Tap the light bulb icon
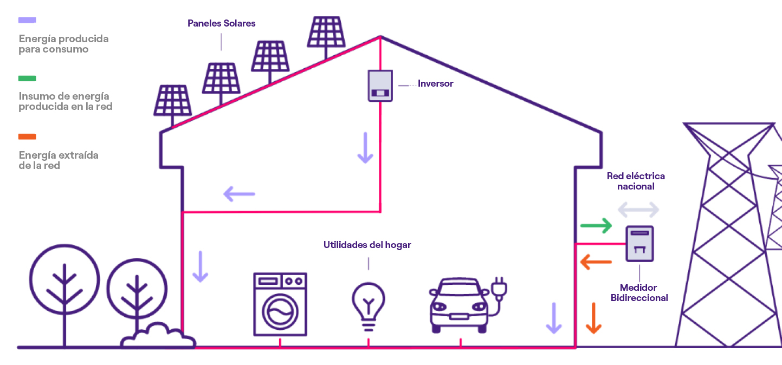tap(369, 304)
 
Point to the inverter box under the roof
tap(380, 86)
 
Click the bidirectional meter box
tap(639, 244)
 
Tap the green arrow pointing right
tap(596, 225)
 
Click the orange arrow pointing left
tap(596, 263)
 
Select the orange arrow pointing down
tap(594, 318)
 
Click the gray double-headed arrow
tap(638, 209)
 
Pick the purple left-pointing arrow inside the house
tap(239, 193)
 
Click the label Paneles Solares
tap(221, 23)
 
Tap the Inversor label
tap(435, 84)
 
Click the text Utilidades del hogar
tap(367, 245)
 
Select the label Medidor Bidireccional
tap(639, 292)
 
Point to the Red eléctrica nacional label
tap(636, 181)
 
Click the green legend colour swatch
tap(27, 78)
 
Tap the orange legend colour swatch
tap(27, 136)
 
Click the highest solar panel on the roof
tap(326, 32)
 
